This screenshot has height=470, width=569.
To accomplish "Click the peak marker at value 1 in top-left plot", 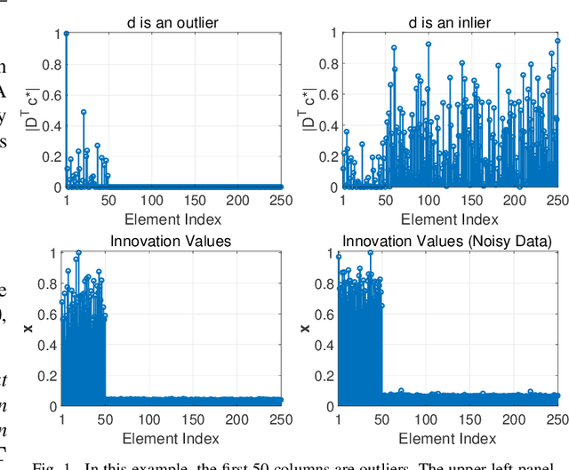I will [66, 33].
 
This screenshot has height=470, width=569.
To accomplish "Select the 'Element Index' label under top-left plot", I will [173, 219].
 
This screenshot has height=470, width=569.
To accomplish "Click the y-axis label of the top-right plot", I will [304, 109].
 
